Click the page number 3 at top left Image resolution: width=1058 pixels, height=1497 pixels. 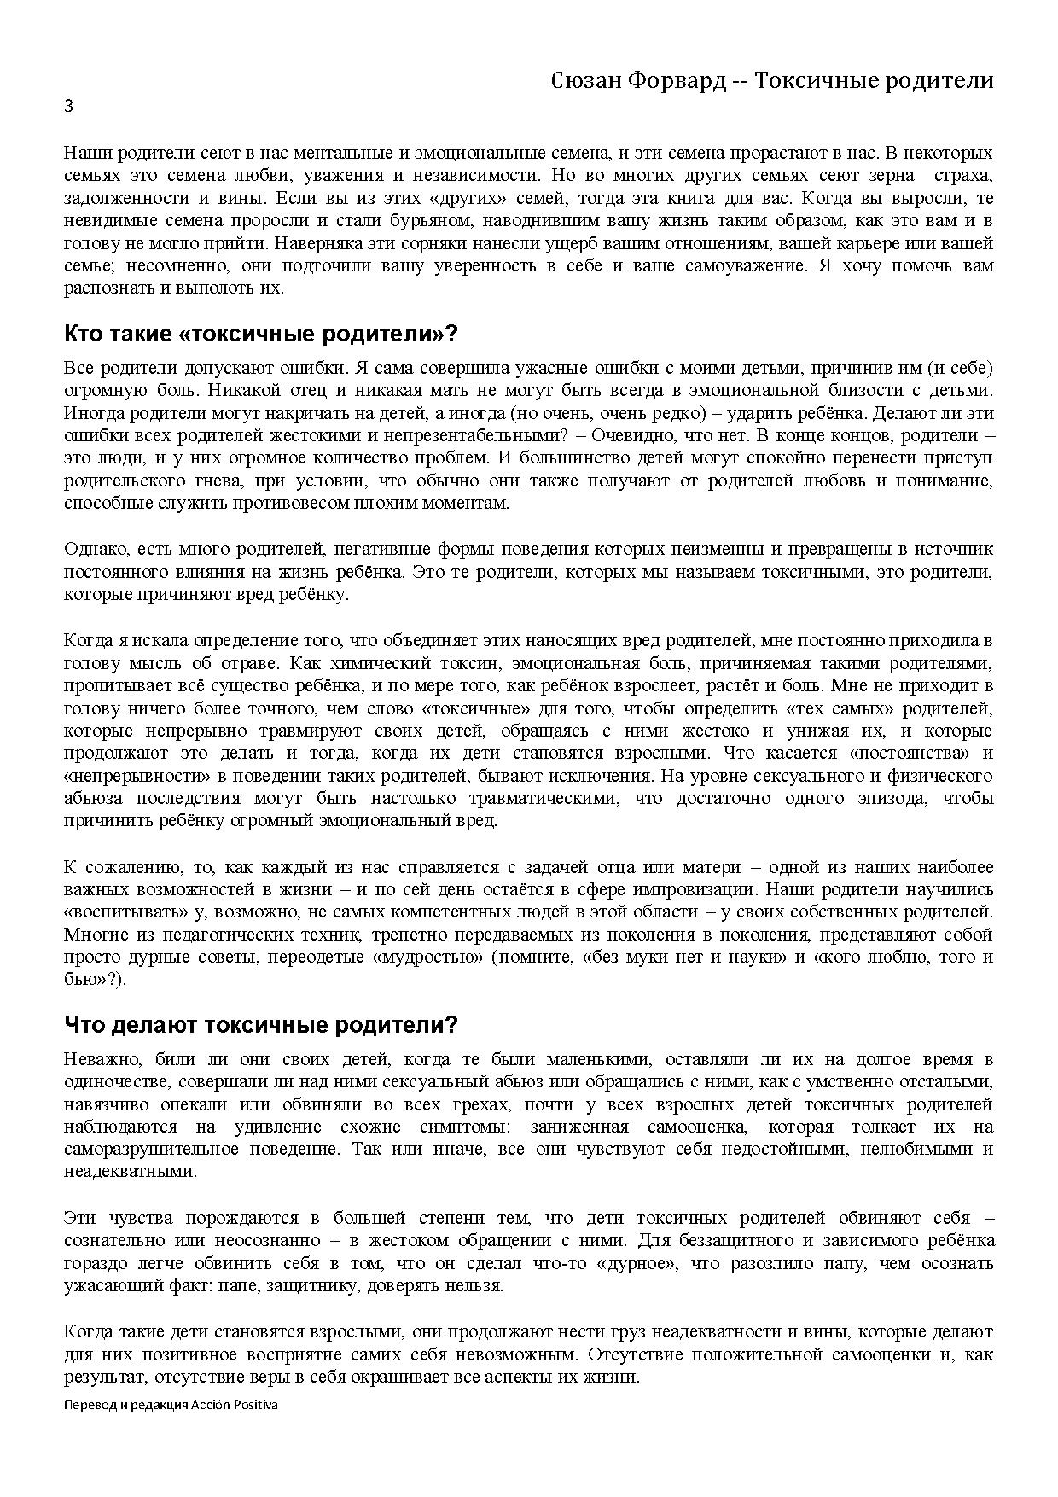pos(68,107)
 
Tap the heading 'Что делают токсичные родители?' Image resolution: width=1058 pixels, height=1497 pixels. pos(261,1024)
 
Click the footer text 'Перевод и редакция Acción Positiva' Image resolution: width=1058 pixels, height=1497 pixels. pos(171,1404)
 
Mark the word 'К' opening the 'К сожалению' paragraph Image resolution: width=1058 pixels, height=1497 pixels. pos(69,866)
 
